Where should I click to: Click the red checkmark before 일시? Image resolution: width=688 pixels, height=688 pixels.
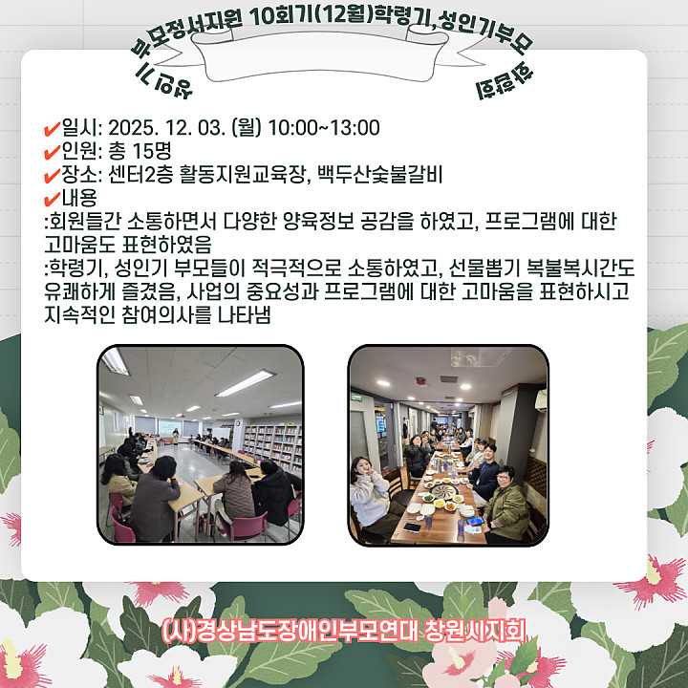coord(53,129)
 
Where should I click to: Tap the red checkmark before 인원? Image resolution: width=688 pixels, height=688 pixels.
coord(53,152)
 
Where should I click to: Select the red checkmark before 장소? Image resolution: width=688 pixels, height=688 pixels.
coord(53,176)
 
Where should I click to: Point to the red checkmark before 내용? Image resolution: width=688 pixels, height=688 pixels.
coord(53,199)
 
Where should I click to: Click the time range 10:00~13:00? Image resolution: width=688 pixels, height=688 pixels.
coord(324,128)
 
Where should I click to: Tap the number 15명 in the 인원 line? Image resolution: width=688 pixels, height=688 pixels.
coord(152,151)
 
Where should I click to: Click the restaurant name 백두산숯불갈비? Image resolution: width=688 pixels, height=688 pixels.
coord(379,174)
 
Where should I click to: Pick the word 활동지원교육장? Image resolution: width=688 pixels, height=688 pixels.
coord(242,174)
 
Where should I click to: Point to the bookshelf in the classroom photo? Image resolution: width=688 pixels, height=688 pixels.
coord(272,446)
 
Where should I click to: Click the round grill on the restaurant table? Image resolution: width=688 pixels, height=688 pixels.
coord(443,490)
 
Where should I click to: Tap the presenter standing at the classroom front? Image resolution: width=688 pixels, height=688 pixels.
coord(176,437)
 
